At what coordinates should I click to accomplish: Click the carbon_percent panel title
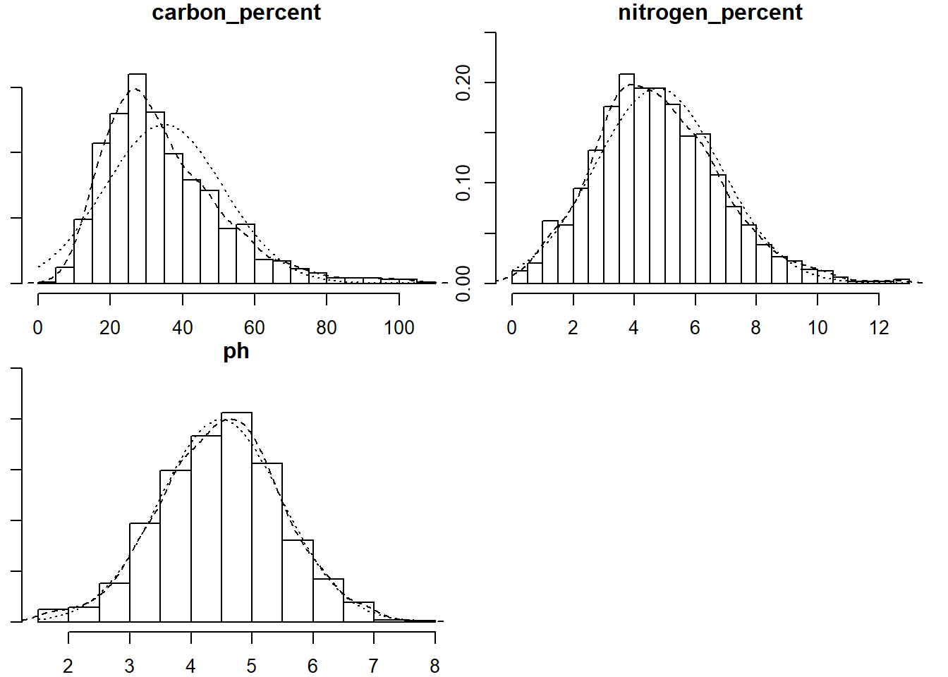(236, 13)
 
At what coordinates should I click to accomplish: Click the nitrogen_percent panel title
(710, 13)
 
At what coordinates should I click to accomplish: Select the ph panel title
(236, 351)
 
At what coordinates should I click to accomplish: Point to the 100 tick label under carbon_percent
(399, 328)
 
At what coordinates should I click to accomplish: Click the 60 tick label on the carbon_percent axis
(255, 328)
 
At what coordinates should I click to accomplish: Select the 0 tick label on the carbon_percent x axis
(38, 328)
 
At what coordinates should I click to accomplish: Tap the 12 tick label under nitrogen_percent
(879, 328)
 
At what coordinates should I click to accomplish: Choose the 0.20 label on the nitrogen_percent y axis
(463, 83)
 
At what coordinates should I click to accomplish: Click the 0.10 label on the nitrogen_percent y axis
(463, 183)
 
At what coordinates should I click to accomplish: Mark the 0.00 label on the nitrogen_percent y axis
(463, 283)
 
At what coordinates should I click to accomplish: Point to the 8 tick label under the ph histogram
(435, 666)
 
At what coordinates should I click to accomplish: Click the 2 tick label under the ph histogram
(68, 666)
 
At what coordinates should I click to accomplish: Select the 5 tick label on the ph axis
(252, 666)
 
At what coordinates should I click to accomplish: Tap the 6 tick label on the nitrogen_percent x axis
(695, 328)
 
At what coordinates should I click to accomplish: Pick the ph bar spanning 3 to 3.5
(145, 573)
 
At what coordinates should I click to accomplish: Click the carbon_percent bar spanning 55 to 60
(245, 254)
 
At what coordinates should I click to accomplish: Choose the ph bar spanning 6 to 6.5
(328, 600)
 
